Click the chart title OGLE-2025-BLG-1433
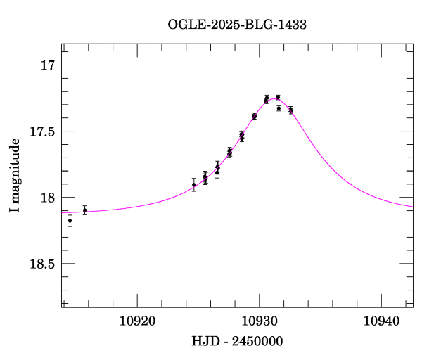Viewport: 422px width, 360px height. [x=237, y=24]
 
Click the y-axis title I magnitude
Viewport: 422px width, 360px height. [x=15, y=176]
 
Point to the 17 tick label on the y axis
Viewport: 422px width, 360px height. [x=47, y=65]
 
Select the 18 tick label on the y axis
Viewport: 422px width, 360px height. [x=47, y=198]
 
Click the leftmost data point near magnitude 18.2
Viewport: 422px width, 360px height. [x=70, y=220]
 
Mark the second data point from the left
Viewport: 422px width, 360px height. [x=84, y=210]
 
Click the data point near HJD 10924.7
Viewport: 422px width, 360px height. [x=194, y=184]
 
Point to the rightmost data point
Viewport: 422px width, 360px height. [x=290, y=110]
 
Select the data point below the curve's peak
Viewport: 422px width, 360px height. [x=279, y=108]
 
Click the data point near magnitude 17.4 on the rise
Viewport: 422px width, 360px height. [x=254, y=117]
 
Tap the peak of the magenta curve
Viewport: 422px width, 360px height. [x=272, y=99]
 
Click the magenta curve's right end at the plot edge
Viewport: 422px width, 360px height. [x=412, y=207]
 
